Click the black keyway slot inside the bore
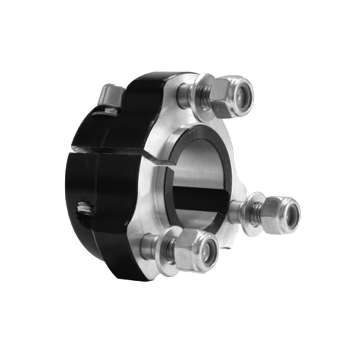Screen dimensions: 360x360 [198, 198]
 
